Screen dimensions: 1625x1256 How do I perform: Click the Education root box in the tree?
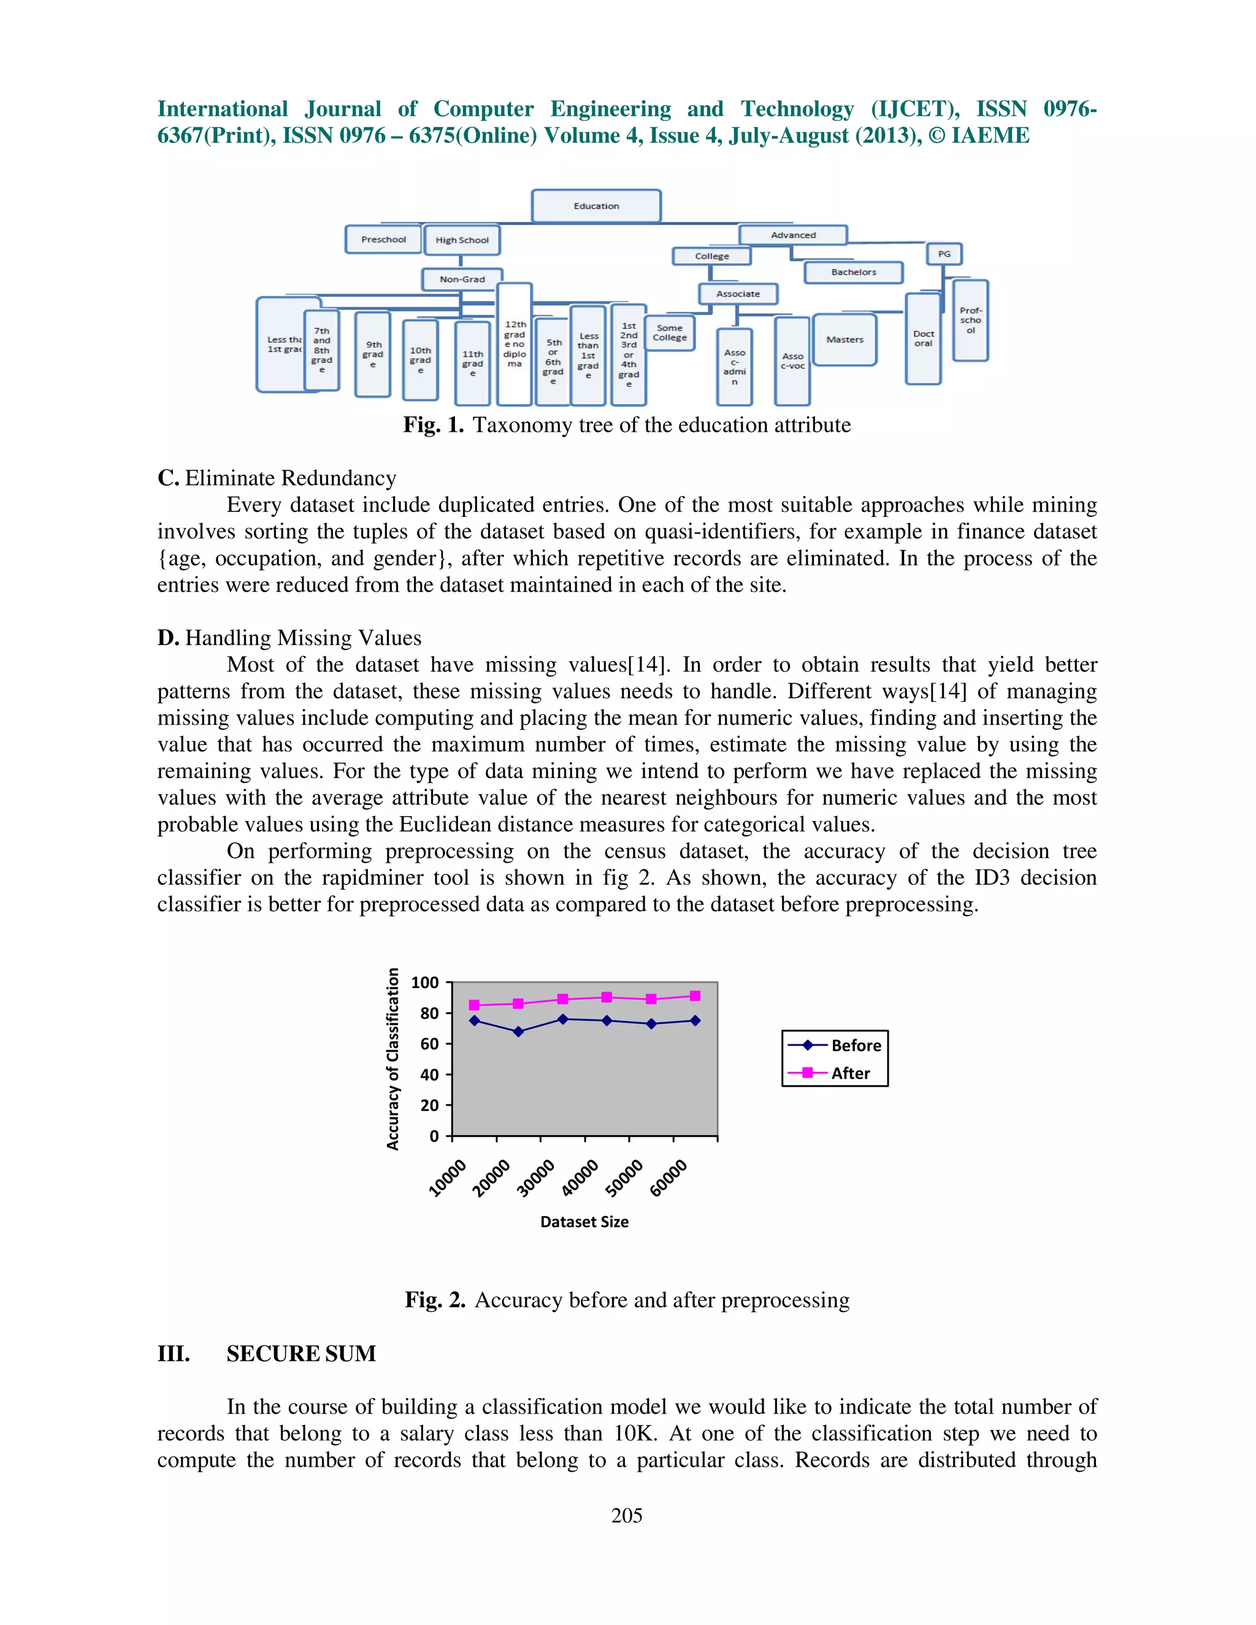click(596, 206)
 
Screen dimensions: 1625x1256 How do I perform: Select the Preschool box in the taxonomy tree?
click(383, 240)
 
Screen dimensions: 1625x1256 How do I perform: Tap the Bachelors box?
click(854, 272)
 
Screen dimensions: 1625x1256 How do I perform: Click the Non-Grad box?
click(462, 280)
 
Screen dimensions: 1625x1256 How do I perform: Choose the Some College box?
click(670, 332)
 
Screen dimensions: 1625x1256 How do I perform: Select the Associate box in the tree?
click(738, 294)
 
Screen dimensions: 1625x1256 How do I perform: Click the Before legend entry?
click(856, 1046)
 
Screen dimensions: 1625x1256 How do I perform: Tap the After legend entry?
click(851, 1073)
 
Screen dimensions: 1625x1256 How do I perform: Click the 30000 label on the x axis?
click(536, 1177)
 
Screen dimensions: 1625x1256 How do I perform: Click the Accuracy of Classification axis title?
click(393, 1059)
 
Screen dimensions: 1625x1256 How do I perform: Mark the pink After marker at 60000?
click(695, 995)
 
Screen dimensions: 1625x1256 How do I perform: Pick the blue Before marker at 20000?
click(519, 1031)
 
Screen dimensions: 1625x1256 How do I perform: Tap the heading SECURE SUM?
click(301, 1353)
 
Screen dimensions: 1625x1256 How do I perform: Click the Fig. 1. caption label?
click(433, 425)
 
